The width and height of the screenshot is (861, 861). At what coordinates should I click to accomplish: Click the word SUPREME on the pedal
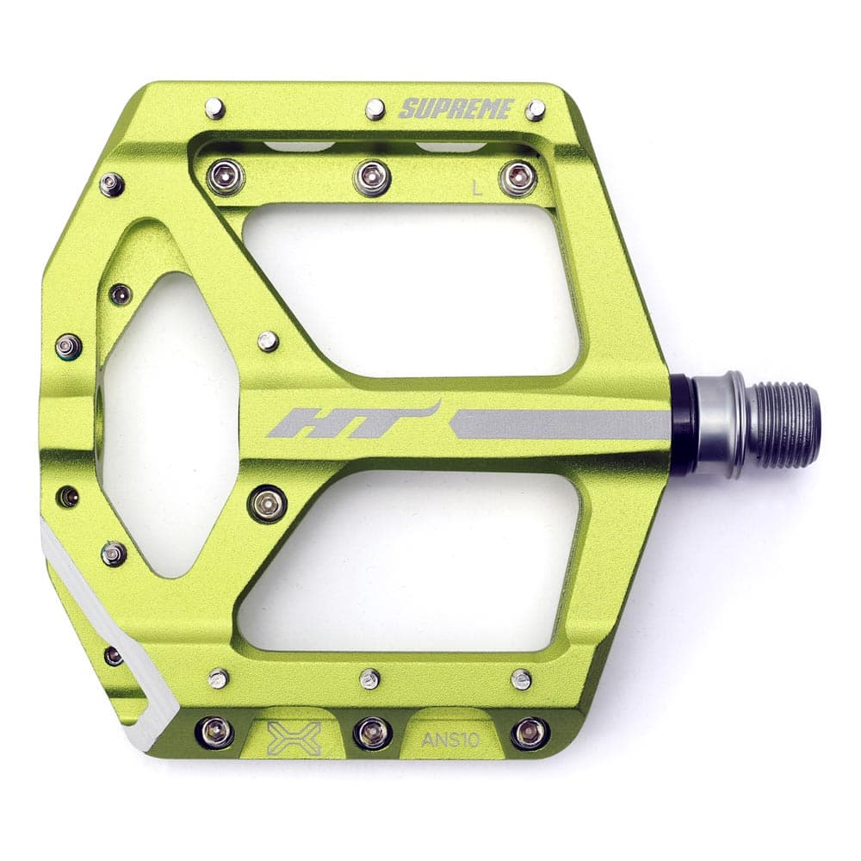(x=457, y=109)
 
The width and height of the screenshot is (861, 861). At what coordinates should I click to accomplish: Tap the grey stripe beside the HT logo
(x=560, y=424)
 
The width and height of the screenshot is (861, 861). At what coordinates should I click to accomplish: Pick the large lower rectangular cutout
(x=413, y=560)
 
